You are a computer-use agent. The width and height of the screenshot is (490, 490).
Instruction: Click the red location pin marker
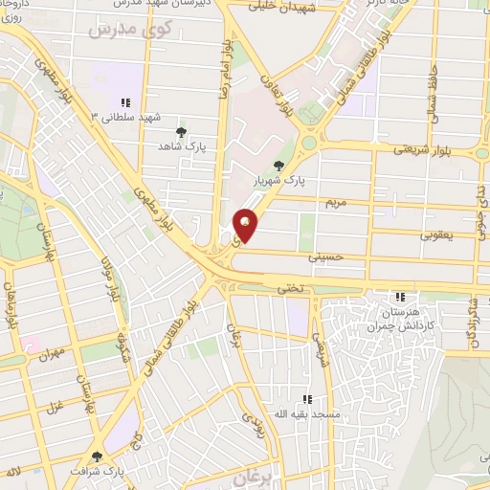pyautogui.click(x=246, y=224)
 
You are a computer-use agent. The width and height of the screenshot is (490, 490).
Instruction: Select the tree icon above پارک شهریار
pyautogui.click(x=279, y=165)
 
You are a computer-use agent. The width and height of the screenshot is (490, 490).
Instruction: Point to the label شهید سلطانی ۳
pyautogui.click(x=122, y=116)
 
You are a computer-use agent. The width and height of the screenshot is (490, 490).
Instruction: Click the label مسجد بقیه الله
pyautogui.click(x=306, y=413)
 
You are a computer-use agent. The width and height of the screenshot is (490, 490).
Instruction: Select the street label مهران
pyautogui.click(x=51, y=355)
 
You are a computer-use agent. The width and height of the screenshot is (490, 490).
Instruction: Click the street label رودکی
pyautogui.click(x=247, y=418)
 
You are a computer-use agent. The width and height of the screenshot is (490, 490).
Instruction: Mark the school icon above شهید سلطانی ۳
pyautogui.click(x=123, y=102)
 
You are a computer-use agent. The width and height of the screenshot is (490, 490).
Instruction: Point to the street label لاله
pyautogui.click(x=13, y=473)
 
